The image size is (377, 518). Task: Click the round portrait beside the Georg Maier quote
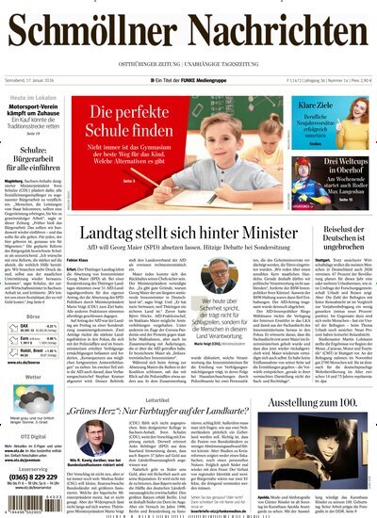(x=219, y=281)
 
